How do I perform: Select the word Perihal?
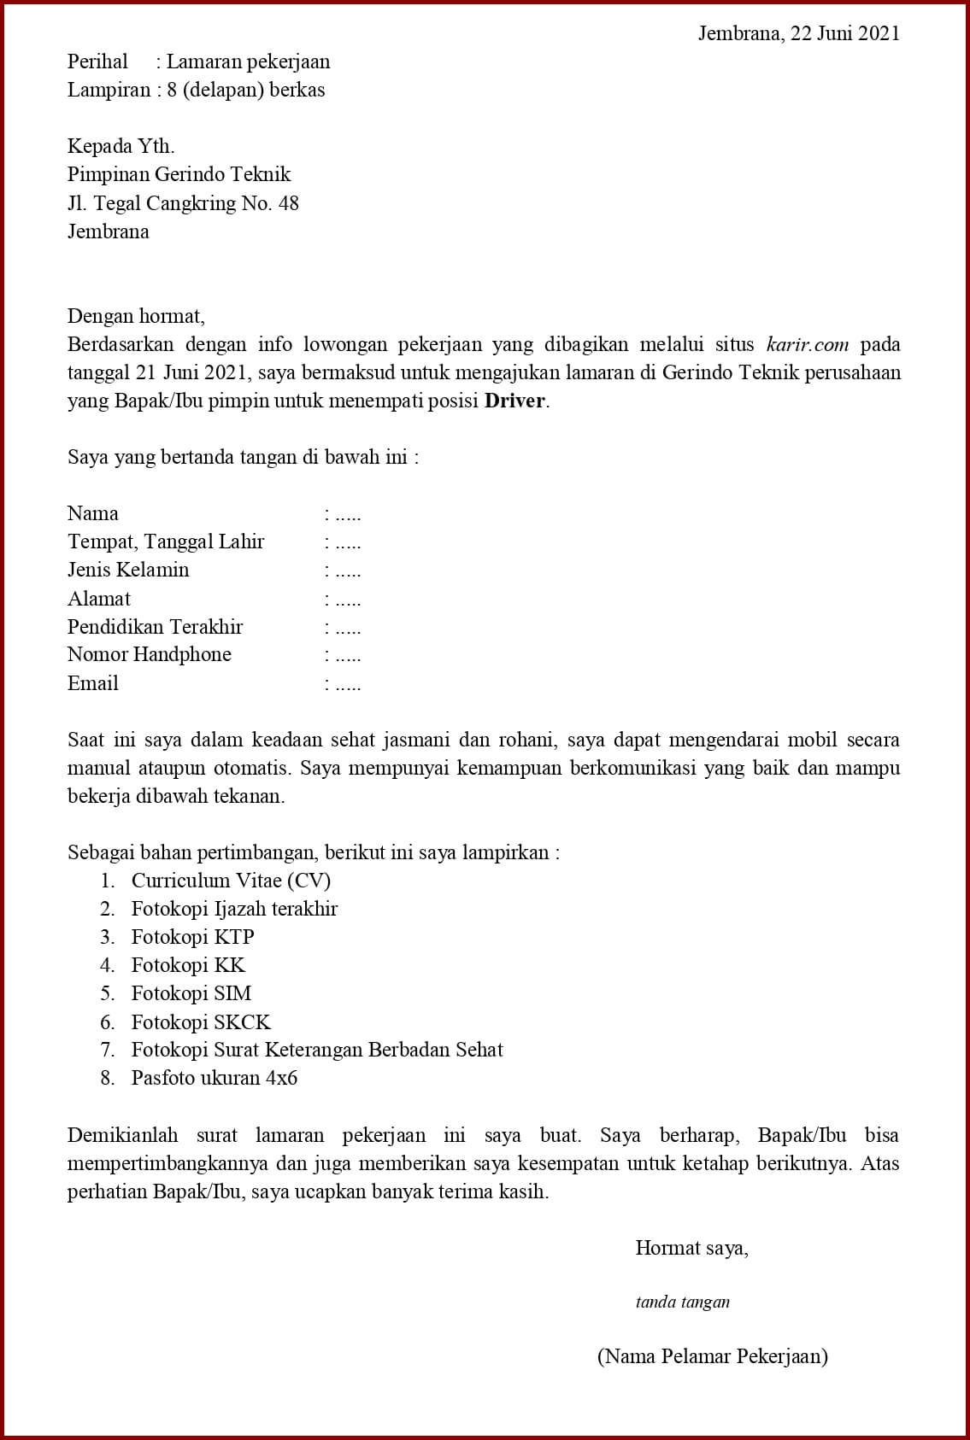(97, 61)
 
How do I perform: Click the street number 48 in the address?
(288, 203)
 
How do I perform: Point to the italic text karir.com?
(808, 344)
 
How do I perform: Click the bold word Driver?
(514, 401)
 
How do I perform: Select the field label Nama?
(93, 513)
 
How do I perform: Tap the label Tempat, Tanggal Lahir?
(166, 541)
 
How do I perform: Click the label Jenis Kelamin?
(128, 570)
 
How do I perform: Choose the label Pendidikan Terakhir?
(155, 627)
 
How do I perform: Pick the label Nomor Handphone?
(150, 655)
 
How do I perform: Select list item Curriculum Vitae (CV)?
(231, 881)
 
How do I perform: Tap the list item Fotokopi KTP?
(192, 937)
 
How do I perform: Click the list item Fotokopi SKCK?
(201, 1022)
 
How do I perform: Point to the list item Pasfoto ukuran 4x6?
(214, 1078)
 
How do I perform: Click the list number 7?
(107, 1050)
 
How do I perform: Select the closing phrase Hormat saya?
(691, 1248)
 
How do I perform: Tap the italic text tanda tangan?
(682, 1302)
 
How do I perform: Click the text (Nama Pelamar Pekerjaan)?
(712, 1356)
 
